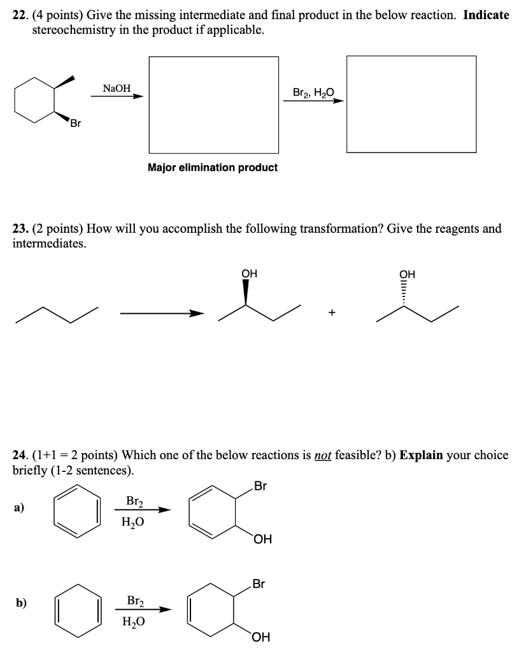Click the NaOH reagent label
(117, 89)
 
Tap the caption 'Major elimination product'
(213, 167)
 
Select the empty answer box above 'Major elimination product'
(213, 105)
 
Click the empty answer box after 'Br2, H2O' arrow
(411, 105)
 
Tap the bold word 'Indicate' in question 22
(486, 15)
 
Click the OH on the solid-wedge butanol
(249, 274)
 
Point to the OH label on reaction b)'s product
(260, 636)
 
